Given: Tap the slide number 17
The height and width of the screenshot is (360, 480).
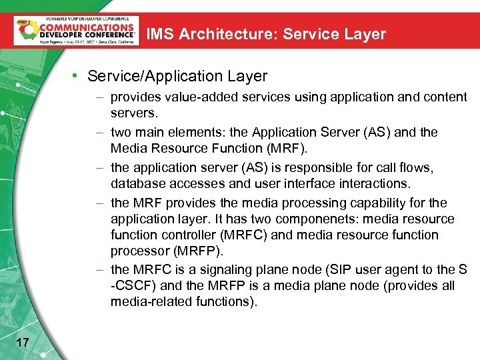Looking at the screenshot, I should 22,342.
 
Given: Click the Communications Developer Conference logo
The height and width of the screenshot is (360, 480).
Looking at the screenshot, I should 77,30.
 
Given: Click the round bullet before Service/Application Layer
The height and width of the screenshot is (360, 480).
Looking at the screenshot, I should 79,77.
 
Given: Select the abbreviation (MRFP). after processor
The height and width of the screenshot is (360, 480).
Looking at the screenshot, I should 197,251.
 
